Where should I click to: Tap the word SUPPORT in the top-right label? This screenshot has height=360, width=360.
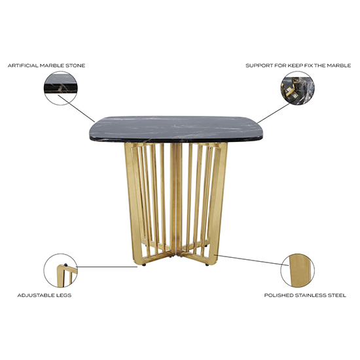257,65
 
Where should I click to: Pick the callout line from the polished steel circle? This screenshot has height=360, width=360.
249,261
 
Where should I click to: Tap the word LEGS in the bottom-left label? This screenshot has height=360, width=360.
64,295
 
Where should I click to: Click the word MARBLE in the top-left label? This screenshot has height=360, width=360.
54,65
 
